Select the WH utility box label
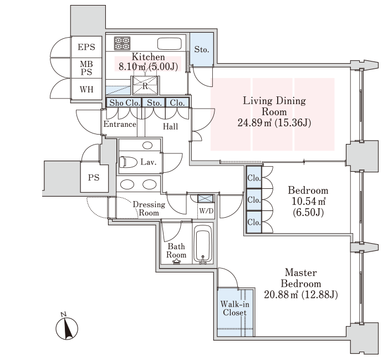(x=86, y=89)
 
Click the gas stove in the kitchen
(x=122, y=43)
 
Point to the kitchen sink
(x=170, y=44)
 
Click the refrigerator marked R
(x=145, y=86)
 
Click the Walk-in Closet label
(x=234, y=308)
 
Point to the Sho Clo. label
(x=123, y=102)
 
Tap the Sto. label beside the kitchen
(x=202, y=49)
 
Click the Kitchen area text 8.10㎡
(x=131, y=67)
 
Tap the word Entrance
(x=120, y=124)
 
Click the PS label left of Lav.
(x=93, y=178)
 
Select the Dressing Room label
(x=149, y=208)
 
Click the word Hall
(x=170, y=127)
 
